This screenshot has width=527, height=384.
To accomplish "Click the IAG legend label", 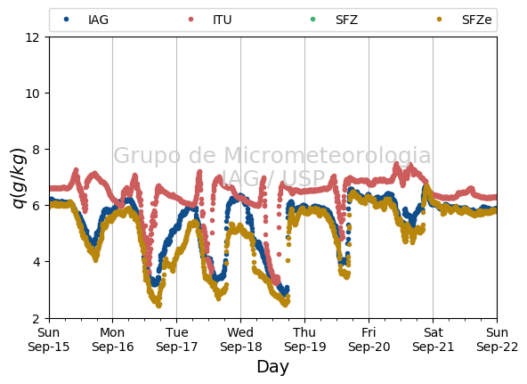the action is pyautogui.click(x=98, y=20).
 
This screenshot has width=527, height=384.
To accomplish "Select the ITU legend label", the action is pyautogui.click(x=223, y=20).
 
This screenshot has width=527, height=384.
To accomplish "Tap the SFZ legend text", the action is pyautogui.click(x=346, y=20).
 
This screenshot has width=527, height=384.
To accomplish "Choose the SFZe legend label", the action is pyautogui.click(x=476, y=20).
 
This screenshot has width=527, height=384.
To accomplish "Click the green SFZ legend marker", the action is pyautogui.click(x=312, y=20).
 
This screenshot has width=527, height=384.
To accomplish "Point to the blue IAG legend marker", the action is pyautogui.click(x=66, y=20).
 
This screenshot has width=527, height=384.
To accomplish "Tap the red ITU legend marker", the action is pyautogui.click(x=191, y=20).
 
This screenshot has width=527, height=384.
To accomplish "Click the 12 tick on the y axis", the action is pyautogui.click(x=32, y=37).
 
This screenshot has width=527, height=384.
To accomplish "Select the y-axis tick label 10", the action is pyautogui.click(x=32, y=94).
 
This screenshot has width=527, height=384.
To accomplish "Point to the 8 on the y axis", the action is pyautogui.click(x=36, y=150).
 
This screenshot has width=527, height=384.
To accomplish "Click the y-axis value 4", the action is pyautogui.click(x=36, y=262).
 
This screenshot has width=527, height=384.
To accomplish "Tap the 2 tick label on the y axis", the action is pyautogui.click(x=36, y=318).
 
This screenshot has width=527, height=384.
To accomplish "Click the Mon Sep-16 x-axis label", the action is pyautogui.click(x=112, y=339).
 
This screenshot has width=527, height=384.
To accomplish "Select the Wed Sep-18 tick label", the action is pyautogui.click(x=240, y=339).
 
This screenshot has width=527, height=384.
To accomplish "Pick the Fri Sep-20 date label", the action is pyautogui.click(x=369, y=339).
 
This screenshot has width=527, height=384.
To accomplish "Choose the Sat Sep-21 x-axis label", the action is pyautogui.click(x=433, y=339).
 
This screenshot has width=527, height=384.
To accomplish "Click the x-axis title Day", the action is pyautogui.click(x=272, y=367).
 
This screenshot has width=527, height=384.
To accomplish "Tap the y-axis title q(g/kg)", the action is pyautogui.click(x=19, y=177).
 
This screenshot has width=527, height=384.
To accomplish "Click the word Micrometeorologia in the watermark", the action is pyautogui.click(x=327, y=155).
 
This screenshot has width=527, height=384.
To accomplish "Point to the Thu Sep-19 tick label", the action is pyautogui.click(x=304, y=339).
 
